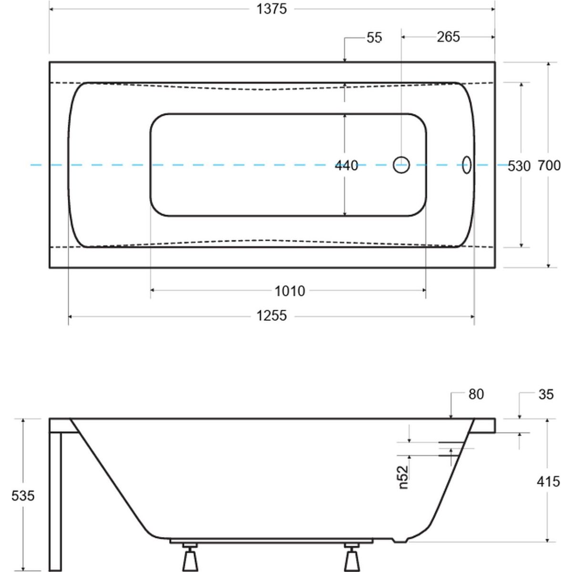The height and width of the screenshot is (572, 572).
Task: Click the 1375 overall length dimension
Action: point(272,9)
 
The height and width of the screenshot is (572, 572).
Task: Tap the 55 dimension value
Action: point(375,38)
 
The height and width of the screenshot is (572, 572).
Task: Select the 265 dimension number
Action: point(448,37)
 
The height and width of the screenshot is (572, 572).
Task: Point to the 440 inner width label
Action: point(347,165)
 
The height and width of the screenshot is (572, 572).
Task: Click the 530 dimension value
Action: point(519,166)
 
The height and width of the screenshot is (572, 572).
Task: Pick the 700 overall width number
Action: point(549,165)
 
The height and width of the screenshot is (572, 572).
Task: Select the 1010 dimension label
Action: point(290,290)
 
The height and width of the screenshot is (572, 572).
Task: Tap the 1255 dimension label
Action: point(272,316)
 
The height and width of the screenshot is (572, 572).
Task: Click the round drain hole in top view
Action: point(401,165)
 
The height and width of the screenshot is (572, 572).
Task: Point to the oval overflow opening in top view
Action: point(467,165)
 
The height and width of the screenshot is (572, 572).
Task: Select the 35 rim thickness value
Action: point(545,394)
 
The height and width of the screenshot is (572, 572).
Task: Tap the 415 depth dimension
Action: point(548,481)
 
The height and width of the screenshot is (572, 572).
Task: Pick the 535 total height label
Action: point(23,496)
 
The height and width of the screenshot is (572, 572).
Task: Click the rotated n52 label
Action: point(404,477)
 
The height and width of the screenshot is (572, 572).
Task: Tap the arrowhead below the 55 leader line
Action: point(344,60)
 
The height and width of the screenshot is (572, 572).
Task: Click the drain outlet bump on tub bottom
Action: point(399,541)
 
